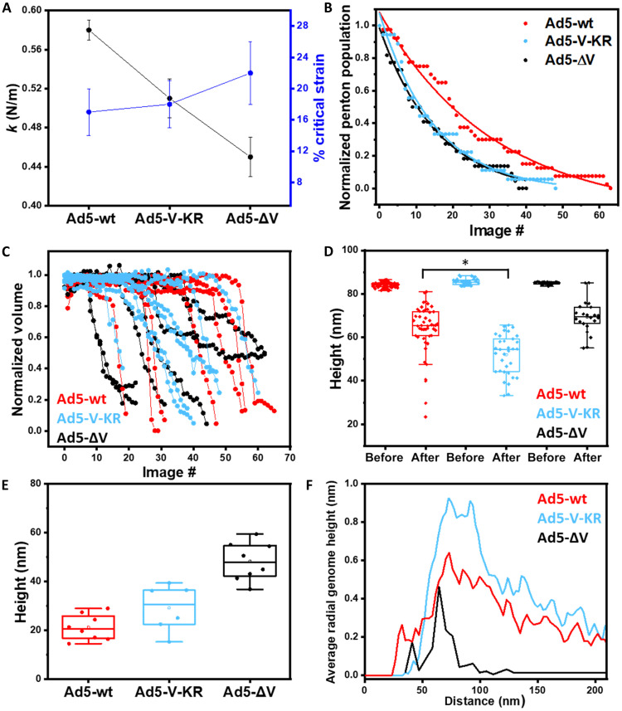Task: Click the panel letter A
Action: (9, 10)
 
